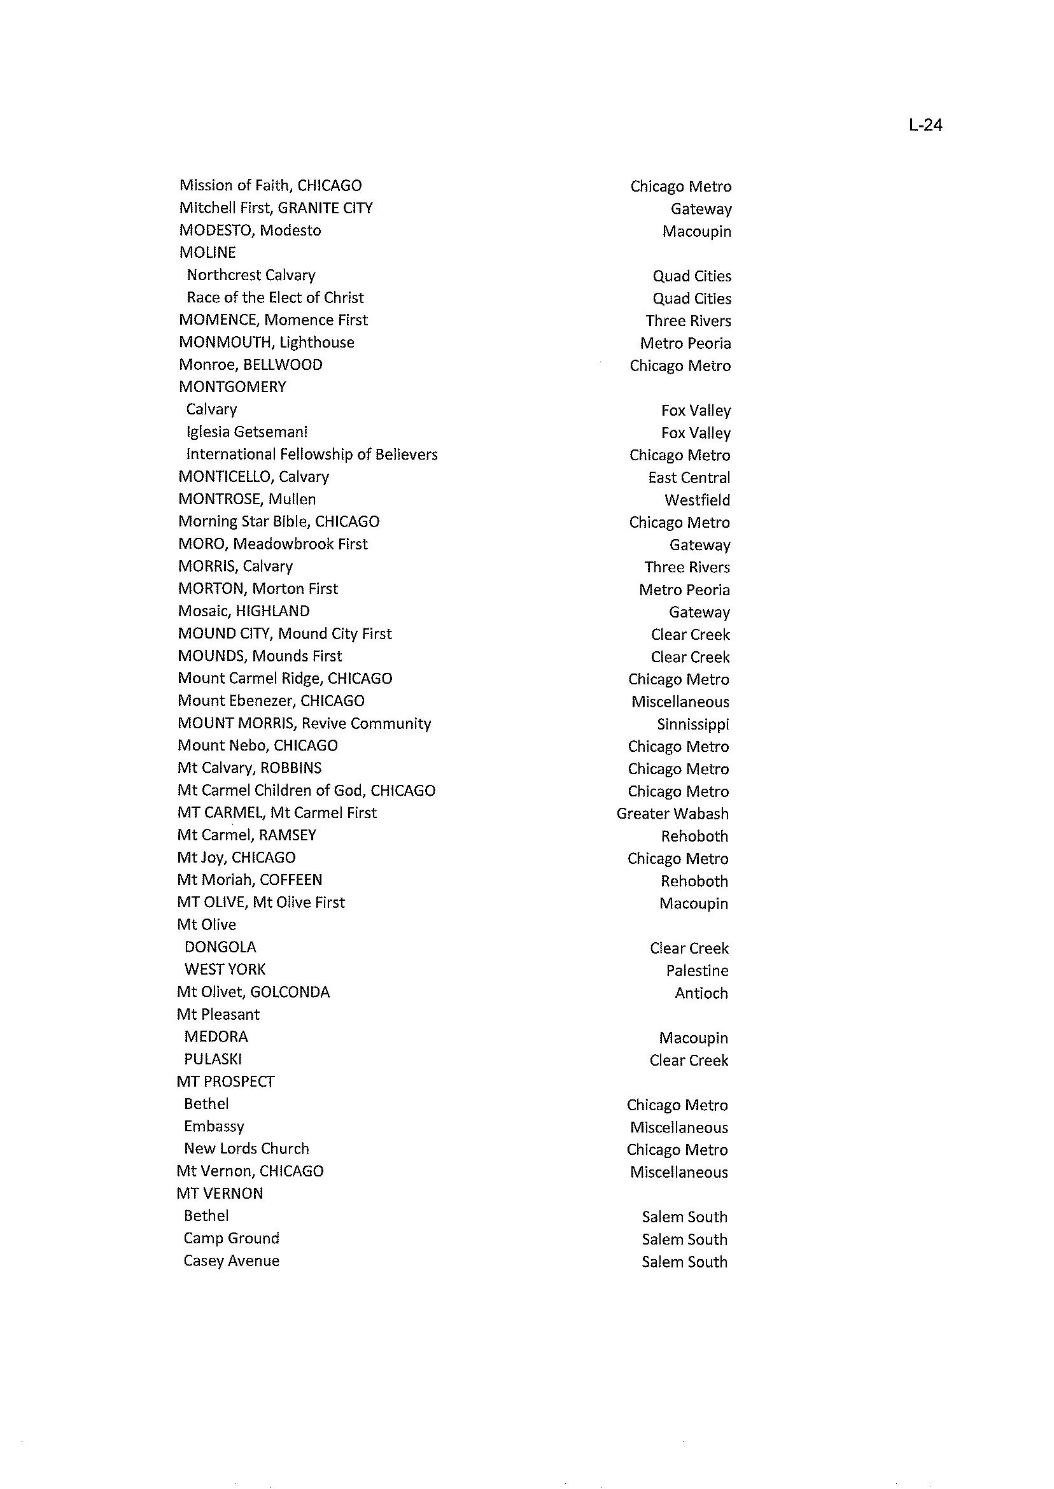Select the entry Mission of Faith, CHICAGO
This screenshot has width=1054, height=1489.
(x=270, y=186)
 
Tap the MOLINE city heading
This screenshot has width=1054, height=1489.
(x=207, y=253)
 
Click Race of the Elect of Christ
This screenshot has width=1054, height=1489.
(x=275, y=297)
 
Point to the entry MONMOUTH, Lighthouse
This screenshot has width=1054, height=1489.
(x=266, y=342)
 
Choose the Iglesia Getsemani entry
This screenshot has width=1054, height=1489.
(x=246, y=432)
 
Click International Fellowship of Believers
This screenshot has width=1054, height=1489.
(x=311, y=455)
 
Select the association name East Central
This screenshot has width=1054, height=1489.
(x=689, y=477)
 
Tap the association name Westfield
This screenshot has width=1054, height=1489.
(x=697, y=500)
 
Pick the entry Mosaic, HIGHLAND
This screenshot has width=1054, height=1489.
(x=243, y=610)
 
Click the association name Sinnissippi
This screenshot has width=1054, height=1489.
(x=692, y=724)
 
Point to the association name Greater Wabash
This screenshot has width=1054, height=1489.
(x=672, y=814)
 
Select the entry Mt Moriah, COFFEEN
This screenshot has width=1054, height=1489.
(x=249, y=880)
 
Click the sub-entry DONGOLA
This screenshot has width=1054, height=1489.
(x=220, y=947)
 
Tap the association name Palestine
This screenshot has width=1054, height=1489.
(x=697, y=970)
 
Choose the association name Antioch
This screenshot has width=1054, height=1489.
(x=701, y=993)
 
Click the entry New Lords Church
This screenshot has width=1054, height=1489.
(x=246, y=1148)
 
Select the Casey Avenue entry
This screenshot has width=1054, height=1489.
(x=231, y=1260)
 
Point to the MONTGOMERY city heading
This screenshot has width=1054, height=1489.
(x=232, y=387)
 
